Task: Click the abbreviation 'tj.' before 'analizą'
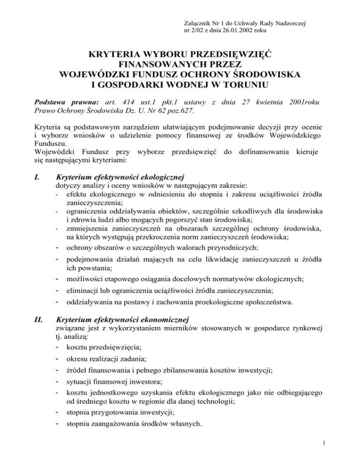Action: tap(59, 337)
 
